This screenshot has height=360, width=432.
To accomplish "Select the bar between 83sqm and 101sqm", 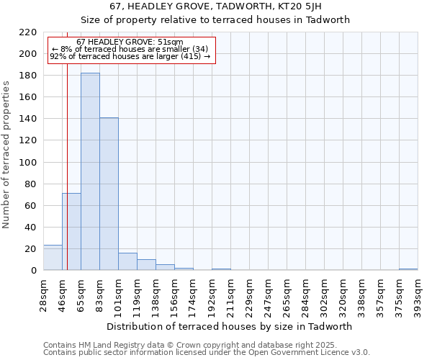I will click(x=109, y=194).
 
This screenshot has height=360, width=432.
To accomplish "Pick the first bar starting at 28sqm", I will click(x=53, y=258).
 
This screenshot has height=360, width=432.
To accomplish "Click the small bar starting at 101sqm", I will click(x=127, y=262).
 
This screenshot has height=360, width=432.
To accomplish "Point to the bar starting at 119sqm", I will click(x=146, y=265).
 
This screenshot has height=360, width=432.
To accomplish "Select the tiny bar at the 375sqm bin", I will click(x=408, y=269).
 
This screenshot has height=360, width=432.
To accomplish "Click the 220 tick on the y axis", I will click(x=28, y=32).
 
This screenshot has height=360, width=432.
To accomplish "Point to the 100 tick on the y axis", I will click(x=28, y=163).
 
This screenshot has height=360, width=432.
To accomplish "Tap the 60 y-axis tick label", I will click(x=31, y=206).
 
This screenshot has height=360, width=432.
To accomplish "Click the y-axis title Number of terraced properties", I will click(x=6, y=155).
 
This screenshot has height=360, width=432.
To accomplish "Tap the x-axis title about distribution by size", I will click(x=234, y=326).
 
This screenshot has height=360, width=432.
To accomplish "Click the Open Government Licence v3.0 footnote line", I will click(x=207, y=353).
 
